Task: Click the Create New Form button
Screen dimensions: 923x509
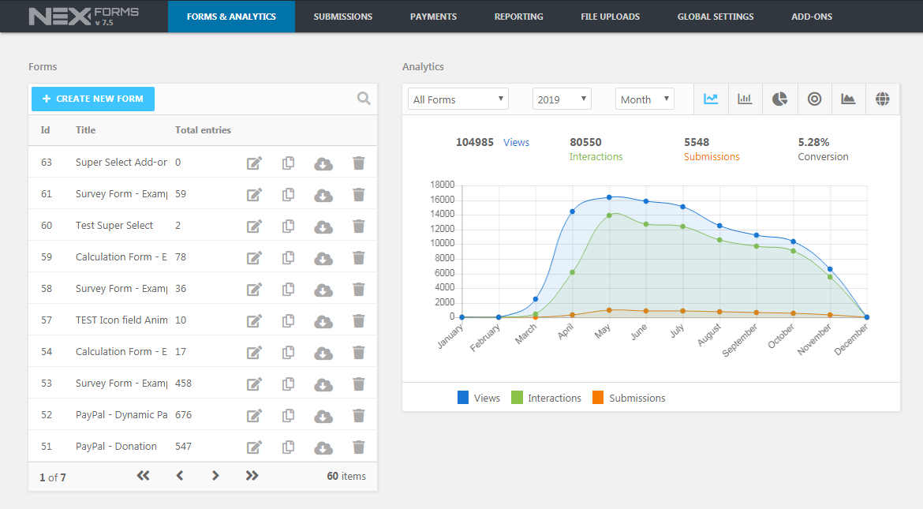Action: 93,99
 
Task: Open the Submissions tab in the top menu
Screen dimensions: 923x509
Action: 342,17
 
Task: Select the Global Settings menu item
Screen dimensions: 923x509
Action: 716,17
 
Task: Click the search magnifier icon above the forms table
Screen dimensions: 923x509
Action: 364,99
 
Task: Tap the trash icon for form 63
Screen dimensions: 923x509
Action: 358,163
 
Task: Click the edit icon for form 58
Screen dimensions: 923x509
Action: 254,290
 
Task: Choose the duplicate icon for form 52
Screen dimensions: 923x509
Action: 289,415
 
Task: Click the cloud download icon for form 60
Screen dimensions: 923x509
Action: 323,226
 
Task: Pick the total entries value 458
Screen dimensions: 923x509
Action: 183,384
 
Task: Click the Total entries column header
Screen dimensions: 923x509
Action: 203,130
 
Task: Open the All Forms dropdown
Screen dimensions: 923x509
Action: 458,99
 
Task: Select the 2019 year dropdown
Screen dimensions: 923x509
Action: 562,99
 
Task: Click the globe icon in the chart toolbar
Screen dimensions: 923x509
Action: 883,99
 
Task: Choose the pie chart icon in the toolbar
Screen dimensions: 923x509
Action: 779,99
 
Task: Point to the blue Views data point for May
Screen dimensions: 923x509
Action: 609,197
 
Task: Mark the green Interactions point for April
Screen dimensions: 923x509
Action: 572,272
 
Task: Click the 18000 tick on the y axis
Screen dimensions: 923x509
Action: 442,185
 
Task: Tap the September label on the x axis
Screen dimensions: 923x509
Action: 740,340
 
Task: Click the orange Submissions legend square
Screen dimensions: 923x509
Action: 598,398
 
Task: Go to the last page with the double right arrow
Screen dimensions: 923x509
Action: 252,476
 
